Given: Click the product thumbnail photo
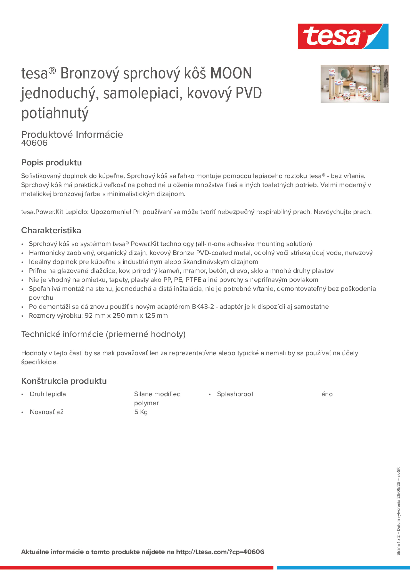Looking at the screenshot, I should point(354,84).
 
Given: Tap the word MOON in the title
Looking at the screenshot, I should point(231,73).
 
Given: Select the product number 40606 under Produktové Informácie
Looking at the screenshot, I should point(34,143).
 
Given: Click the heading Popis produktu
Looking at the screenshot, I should point(51,162).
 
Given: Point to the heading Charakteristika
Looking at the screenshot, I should point(51,230).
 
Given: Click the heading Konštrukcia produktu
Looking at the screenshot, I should point(64,381).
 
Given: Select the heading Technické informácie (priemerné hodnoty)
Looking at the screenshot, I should point(103,334).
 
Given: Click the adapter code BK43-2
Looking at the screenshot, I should point(203,306).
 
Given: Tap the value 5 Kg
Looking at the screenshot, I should point(141,412).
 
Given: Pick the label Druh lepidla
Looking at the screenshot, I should point(48,394).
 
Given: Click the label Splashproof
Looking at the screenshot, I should point(235,394).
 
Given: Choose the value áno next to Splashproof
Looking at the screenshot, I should point(327,394).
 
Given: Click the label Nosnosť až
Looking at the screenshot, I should point(46,412).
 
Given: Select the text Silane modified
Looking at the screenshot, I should point(157,394).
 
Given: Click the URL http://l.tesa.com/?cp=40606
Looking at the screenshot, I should point(220,552).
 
